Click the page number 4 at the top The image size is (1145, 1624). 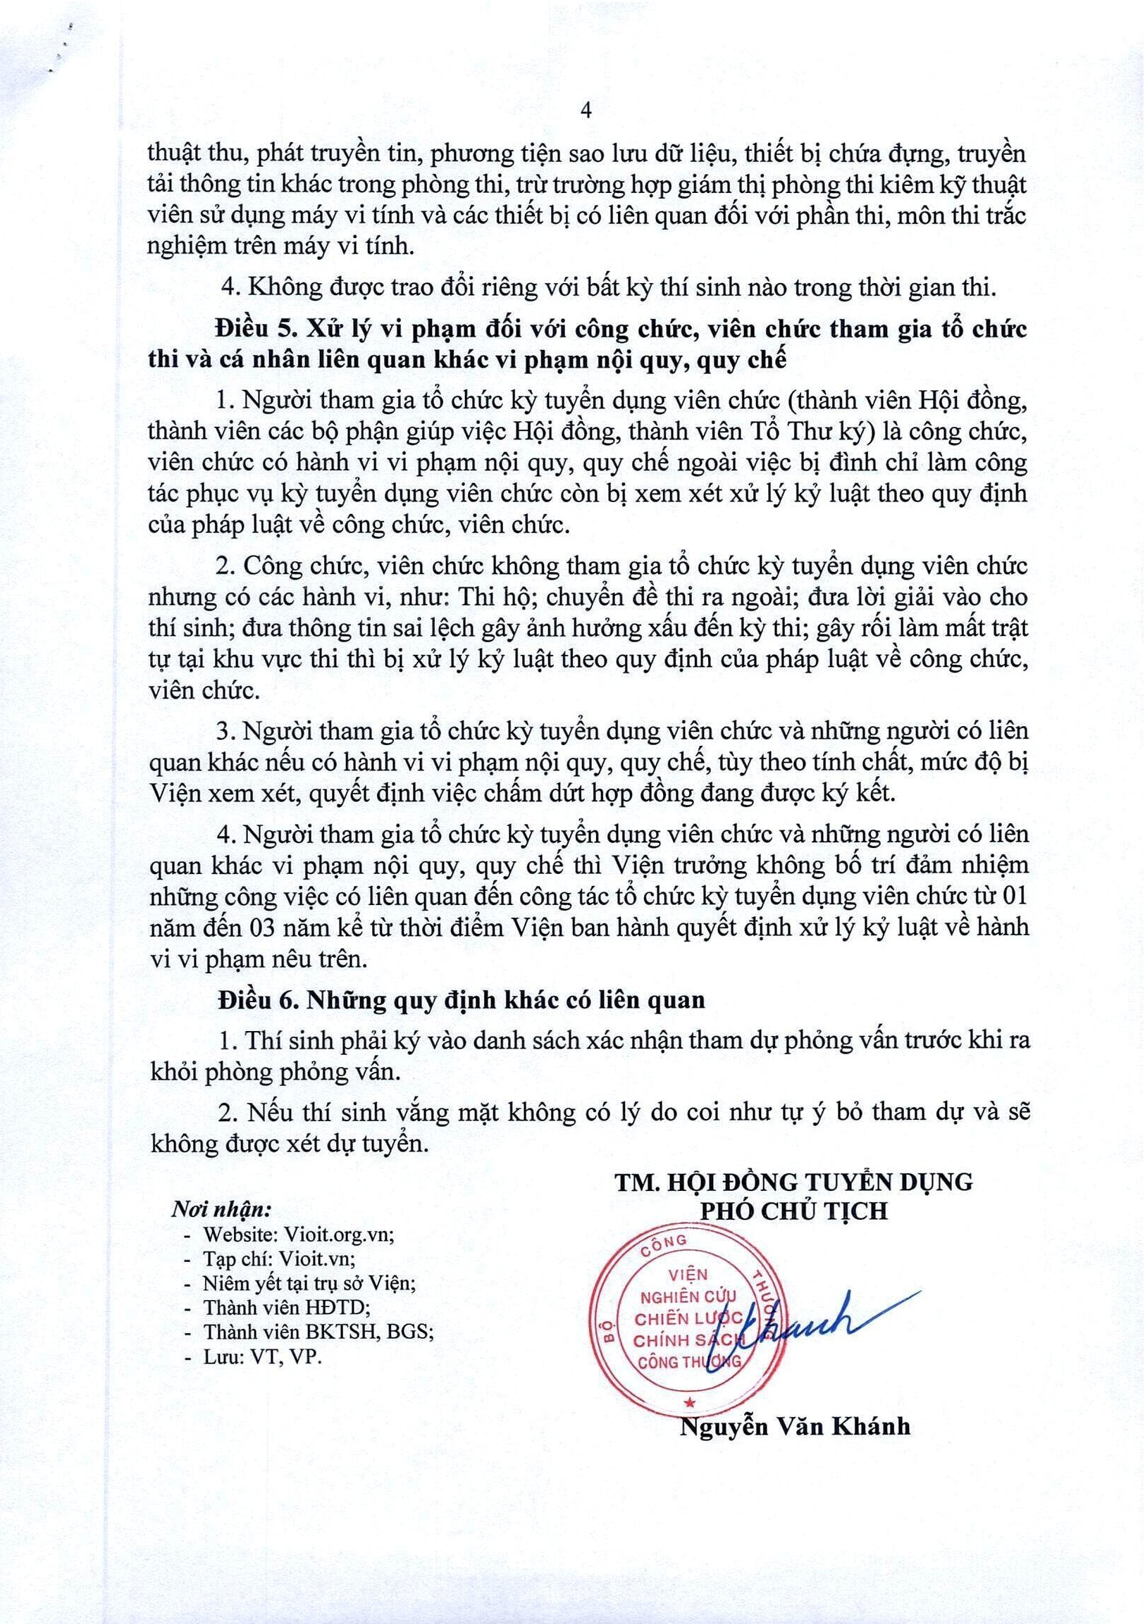[x=586, y=111]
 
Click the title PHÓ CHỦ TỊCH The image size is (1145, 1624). [x=793, y=1210]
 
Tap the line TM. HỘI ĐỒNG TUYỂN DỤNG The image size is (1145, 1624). [x=793, y=1181]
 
